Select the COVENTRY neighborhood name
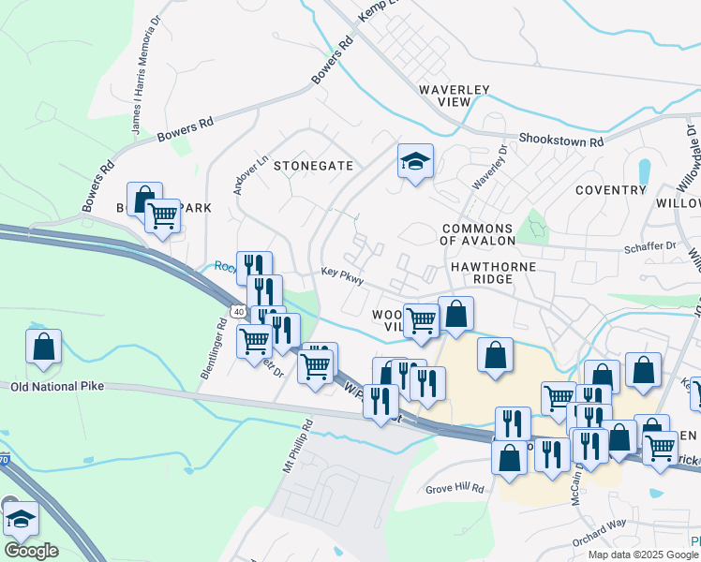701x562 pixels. pos(611,190)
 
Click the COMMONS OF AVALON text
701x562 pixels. pos(477,235)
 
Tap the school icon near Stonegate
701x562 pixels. pos(414,161)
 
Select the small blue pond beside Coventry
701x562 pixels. pos(644,171)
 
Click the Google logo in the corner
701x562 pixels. pos(31,551)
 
